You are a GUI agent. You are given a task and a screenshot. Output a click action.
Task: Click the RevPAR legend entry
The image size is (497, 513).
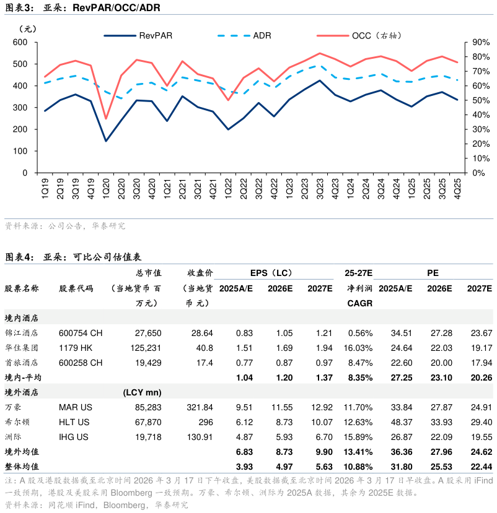coord(155,35)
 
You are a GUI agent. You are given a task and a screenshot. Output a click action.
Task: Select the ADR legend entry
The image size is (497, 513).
coord(262,35)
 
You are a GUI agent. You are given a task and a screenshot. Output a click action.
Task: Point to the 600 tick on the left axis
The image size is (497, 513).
coord(20,42)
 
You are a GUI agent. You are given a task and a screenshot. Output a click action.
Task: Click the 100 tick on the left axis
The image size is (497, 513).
coord(20,152)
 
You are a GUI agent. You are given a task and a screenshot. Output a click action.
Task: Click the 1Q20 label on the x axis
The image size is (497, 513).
coord(106,187)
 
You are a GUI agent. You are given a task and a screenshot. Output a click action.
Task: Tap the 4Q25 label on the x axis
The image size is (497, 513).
coord(457,187)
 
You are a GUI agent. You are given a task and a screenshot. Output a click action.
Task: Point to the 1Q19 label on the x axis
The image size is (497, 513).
coord(45,187)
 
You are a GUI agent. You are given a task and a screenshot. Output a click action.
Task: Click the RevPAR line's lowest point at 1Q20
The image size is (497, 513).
coord(106,141)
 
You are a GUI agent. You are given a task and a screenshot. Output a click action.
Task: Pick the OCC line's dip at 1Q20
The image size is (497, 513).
coord(106,119)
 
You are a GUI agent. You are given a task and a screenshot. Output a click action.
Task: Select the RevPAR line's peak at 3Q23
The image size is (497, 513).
coord(320,80)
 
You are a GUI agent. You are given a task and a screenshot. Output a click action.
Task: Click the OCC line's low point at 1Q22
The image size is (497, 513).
coord(228,100)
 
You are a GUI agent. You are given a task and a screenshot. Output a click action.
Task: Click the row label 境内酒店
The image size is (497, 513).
coord(22,317)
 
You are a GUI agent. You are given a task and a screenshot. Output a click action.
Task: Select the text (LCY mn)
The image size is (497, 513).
coord(143,392)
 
